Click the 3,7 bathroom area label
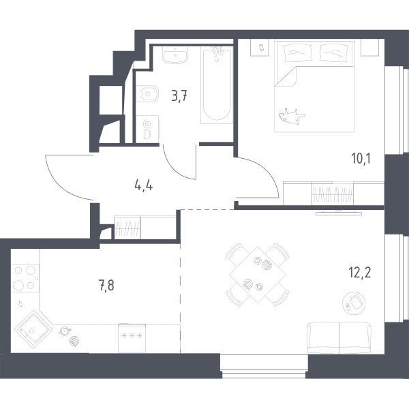(x=179, y=96)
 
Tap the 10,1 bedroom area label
(x=361, y=158)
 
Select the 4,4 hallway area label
(x=143, y=186)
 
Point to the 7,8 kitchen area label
(x=106, y=285)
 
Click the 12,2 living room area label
(x=360, y=273)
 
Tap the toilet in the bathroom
(x=148, y=93)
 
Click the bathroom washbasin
(x=175, y=55)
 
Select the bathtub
(x=217, y=85)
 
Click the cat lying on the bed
(x=292, y=116)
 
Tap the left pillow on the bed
(x=298, y=52)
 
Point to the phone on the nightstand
(x=262, y=48)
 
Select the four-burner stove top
(x=25, y=278)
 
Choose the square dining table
(x=258, y=275)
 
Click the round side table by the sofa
(x=354, y=303)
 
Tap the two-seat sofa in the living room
(x=339, y=337)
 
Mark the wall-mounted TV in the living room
(x=339, y=213)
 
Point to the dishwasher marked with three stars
(x=132, y=338)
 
